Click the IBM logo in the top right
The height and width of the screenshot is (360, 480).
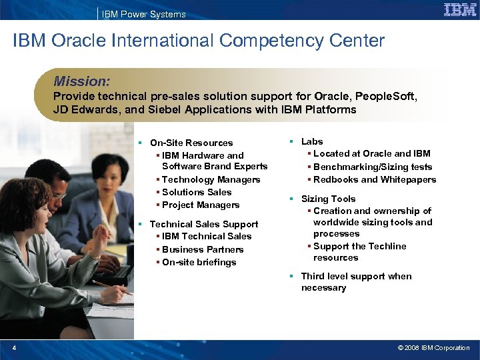coord(460,9)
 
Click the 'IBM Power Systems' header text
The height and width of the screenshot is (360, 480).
coord(144,14)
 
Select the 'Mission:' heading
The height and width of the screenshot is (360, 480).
coord(81,81)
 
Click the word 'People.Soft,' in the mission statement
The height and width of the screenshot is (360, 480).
coord(387,97)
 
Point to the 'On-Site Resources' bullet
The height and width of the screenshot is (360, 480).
coord(191,143)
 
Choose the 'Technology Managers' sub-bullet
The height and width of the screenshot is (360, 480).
coord(211,179)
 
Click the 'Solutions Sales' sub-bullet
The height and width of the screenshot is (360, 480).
coord(197,192)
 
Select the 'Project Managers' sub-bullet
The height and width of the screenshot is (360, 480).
coord(200,205)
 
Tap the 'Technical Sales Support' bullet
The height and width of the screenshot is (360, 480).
coord(203,224)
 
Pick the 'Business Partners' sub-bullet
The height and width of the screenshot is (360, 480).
coord(203,249)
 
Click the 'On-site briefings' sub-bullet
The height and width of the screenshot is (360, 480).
coord(199,262)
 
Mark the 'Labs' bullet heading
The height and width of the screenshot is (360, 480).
coord(312,141)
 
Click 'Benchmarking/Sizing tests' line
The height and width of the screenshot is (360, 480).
coord(372,167)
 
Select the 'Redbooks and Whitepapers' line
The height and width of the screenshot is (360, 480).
coord(374,179)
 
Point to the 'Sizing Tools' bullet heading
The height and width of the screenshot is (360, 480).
coord(328,199)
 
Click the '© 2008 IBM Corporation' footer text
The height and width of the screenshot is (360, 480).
coord(433,347)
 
